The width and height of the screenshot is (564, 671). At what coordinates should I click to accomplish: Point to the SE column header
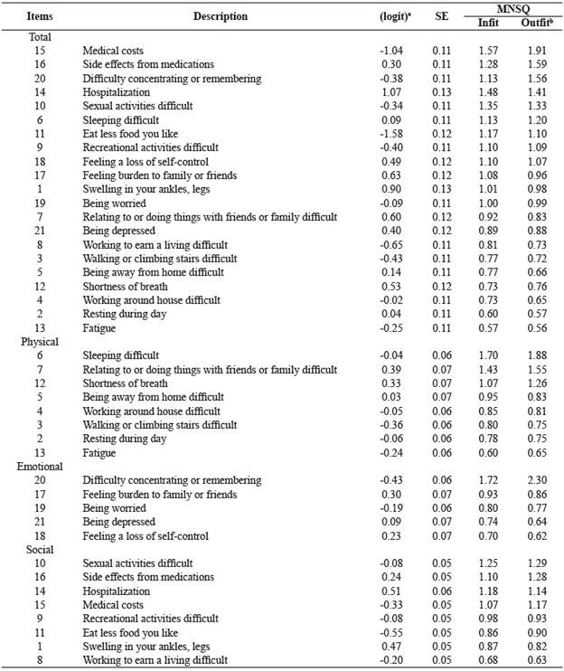(441, 15)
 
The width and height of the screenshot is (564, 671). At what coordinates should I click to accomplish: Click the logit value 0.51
(394, 591)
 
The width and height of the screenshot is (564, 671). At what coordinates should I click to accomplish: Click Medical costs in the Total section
(113, 51)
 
